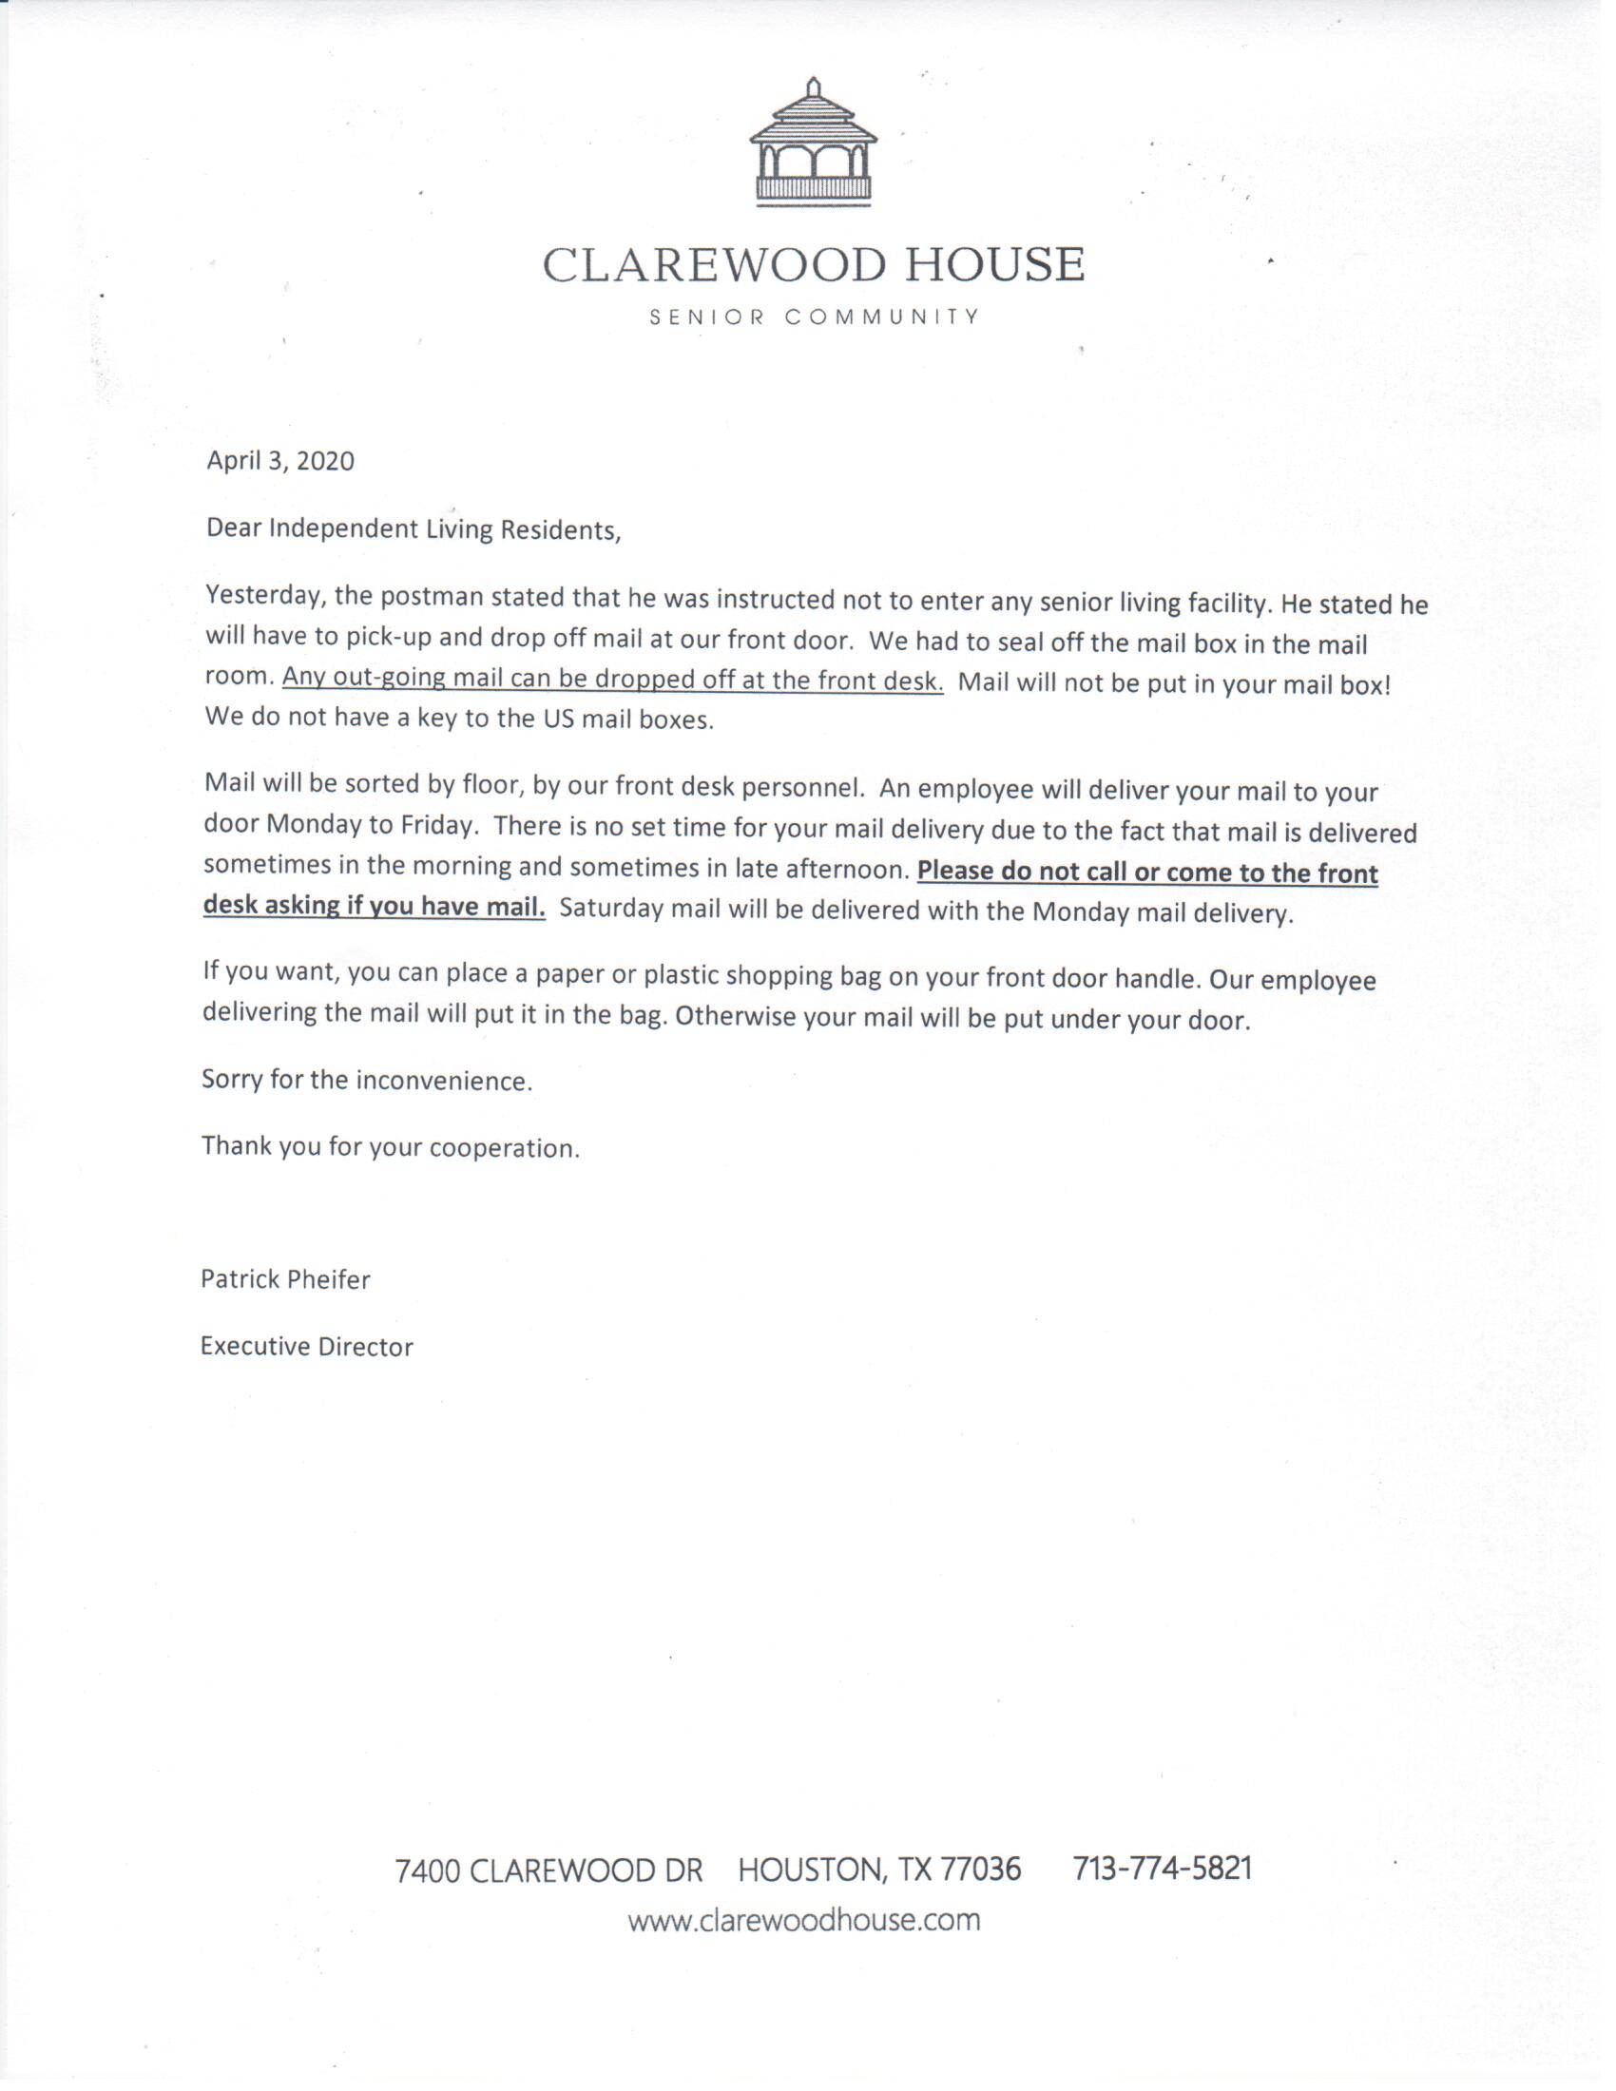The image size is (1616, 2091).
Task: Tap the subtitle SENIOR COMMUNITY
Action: pyautogui.click(x=814, y=317)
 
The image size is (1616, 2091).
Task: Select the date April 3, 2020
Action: pyautogui.click(x=280, y=461)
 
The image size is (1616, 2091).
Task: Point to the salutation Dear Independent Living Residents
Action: pyautogui.click(x=414, y=529)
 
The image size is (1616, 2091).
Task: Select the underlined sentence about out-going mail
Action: pyautogui.click(x=613, y=679)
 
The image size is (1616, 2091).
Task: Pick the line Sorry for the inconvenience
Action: pyautogui.click(x=366, y=1081)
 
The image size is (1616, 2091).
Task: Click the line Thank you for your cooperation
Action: pyautogui.click(x=391, y=1146)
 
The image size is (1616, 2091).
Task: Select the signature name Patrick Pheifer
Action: pyautogui.click(x=285, y=1279)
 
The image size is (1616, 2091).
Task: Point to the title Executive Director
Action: pyautogui.click(x=306, y=1346)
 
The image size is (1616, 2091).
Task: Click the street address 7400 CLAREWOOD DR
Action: pyautogui.click(x=548, y=1870)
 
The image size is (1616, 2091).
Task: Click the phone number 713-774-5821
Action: pyautogui.click(x=1163, y=1868)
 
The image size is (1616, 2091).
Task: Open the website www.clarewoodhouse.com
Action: pyautogui.click(x=804, y=1920)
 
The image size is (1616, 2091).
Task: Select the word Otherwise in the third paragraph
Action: pyautogui.click(x=735, y=1016)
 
